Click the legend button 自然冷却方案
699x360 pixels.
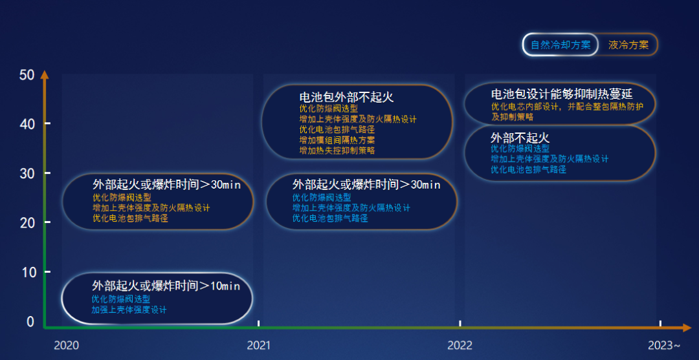coord(560,45)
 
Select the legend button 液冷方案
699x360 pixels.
coord(628,45)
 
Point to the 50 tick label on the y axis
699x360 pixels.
coord(27,75)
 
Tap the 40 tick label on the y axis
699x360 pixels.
coord(27,124)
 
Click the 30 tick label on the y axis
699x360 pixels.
coord(27,173)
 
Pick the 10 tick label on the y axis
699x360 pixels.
coord(27,272)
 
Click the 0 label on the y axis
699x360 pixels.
coord(30,321)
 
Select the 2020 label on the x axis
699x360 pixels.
coord(66,345)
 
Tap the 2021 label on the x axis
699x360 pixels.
coord(259,345)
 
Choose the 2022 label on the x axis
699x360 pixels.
coord(460,345)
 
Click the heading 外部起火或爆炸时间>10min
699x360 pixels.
coord(166,286)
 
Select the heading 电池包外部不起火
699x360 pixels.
coord(346,97)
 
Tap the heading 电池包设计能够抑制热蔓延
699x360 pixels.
coord(561,94)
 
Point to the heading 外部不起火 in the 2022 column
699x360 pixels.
coord(520,138)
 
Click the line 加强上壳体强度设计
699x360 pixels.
coord(129,310)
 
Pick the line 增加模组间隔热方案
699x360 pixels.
coord(337,140)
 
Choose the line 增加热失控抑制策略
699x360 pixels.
coord(337,150)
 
